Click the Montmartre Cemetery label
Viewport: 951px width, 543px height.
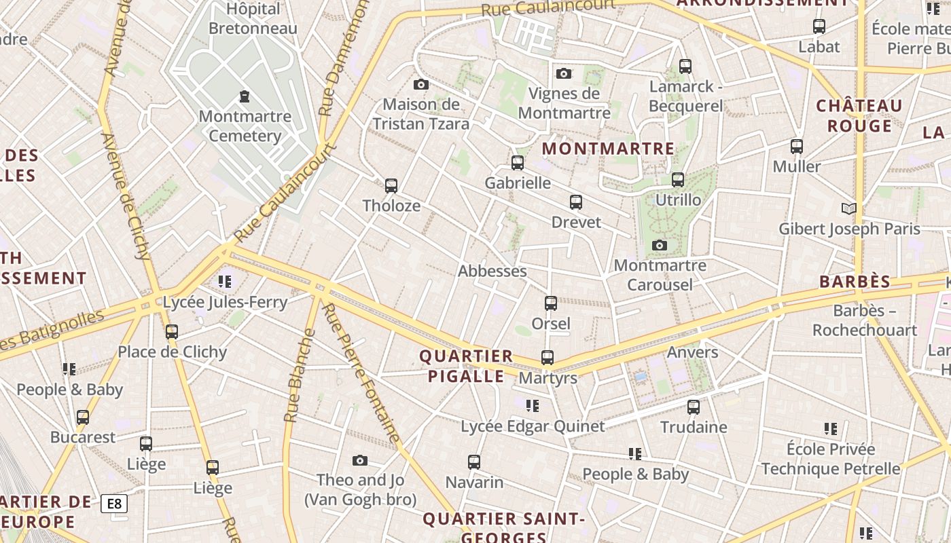click(245, 126)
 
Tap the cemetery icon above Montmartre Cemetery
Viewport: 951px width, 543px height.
click(245, 96)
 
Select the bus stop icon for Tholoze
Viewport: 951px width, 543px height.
click(391, 185)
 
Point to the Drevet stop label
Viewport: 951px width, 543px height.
click(576, 222)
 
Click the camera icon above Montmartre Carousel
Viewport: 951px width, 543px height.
click(659, 245)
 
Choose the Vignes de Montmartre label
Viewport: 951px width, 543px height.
click(564, 103)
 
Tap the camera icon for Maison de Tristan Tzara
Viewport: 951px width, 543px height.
click(421, 85)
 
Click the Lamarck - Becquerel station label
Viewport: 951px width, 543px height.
click(685, 96)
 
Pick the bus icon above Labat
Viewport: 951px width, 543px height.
click(819, 26)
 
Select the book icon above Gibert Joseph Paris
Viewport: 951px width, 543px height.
click(848, 208)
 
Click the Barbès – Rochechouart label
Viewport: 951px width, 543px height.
click(865, 320)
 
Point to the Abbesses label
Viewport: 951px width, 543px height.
click(492, 271)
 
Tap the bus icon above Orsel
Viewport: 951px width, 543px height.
click(551, 303)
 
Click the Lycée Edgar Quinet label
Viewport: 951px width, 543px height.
click(533, 426)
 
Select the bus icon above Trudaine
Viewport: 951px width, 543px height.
click(694, 407)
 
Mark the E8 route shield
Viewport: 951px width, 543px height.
click(114, 504)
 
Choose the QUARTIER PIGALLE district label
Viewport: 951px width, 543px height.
click(466, 366)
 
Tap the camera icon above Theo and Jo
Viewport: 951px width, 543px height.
click(360, 461)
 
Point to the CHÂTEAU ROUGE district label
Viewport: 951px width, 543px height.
click(859, 115)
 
